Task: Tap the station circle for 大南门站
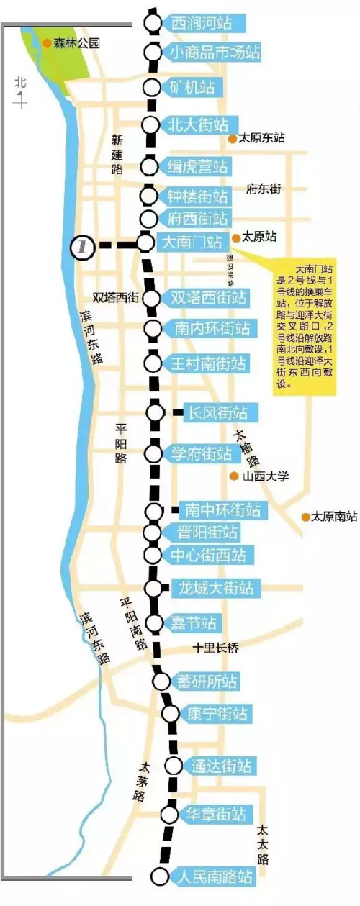(146, 243)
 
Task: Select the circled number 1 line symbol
(84, 245)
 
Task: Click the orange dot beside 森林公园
(47, 43)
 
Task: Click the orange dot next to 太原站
(235, 236)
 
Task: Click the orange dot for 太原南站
(306, 517)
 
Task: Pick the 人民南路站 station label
(213, 877)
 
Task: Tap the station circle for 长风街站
(156, 412)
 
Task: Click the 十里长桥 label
(216, 648)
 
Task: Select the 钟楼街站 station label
(197, 196)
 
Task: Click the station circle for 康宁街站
(170, 713)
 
